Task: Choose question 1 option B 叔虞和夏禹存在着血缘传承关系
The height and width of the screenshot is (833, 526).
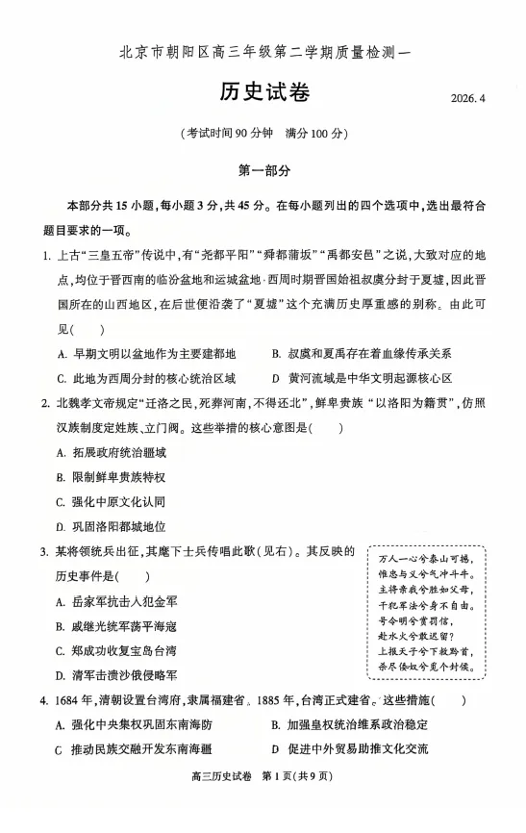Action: click(x=362, y=354)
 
